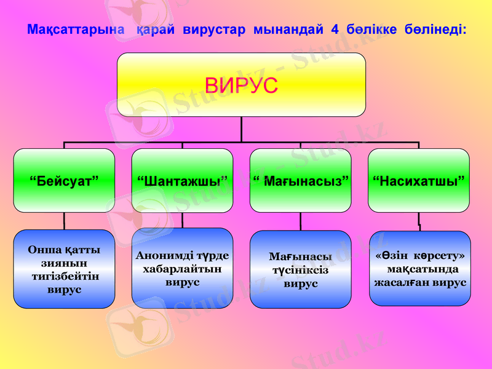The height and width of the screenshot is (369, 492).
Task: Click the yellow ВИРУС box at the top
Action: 241,85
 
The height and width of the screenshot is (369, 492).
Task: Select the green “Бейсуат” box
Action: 64,180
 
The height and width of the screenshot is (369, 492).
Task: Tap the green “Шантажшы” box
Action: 182,180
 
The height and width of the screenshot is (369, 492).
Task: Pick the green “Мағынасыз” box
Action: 300,180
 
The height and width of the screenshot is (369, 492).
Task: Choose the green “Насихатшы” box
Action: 418,180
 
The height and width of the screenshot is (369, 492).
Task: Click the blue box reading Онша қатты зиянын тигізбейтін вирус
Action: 64,269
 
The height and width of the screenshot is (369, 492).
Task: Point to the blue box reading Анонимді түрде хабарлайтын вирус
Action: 182,268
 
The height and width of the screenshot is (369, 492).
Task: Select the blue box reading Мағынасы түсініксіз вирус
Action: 300,269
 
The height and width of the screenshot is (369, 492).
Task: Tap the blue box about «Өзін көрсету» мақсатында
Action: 419,268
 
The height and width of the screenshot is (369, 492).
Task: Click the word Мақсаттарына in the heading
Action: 76,30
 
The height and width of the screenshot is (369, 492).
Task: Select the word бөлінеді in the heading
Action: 434,30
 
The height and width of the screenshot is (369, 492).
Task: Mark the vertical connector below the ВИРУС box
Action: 241,129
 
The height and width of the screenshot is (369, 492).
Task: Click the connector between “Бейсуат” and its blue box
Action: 64,221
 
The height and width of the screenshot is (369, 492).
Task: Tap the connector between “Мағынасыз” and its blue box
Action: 300,221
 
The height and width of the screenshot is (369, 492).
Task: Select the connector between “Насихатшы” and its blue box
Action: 419,221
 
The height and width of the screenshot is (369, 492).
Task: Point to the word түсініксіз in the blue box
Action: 300,271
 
